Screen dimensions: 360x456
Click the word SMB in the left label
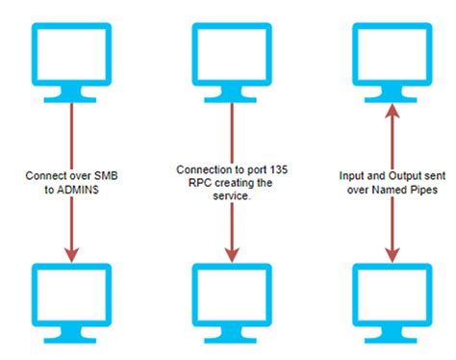107,177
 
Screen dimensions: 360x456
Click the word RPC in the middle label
192,183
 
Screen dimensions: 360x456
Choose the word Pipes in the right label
422,190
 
